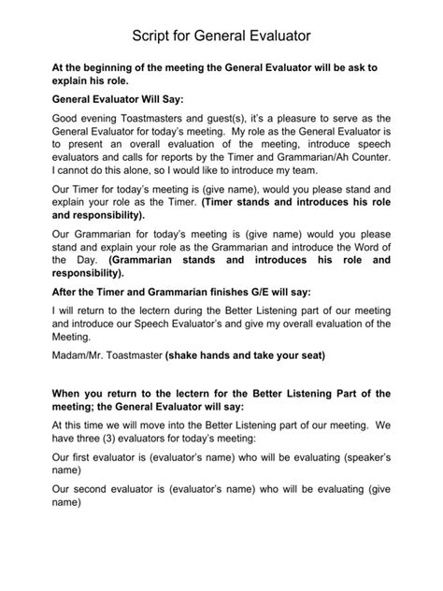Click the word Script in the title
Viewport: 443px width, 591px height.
(153, 36)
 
